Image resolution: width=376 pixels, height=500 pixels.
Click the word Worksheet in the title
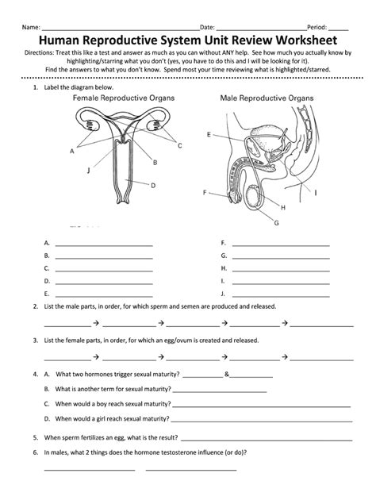tap(306, 40)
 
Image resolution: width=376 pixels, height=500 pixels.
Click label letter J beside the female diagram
tap(88, 170)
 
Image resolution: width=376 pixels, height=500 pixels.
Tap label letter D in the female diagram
tap(152, 185)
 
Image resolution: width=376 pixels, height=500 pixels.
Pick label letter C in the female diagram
tap(180, 145)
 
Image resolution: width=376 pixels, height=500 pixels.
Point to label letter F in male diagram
tap(205, 193)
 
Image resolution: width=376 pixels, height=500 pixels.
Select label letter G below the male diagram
tap(276, 223)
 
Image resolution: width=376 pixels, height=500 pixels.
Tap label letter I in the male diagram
tap(317, 192)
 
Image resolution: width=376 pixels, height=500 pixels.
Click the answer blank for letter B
tap(103, 256)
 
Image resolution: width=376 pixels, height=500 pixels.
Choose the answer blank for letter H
tap(280, 268)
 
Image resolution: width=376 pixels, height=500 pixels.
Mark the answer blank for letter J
tap(280, 294)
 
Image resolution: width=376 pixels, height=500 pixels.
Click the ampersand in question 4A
tap(227, 372)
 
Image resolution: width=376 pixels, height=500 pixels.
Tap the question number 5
tap(36, 437)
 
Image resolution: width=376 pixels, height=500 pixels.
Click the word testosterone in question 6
tap(179, 452)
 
